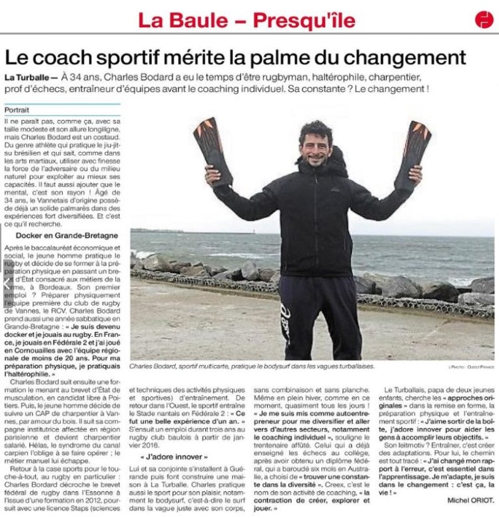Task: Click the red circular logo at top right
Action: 484,20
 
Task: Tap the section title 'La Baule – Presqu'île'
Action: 247,19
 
